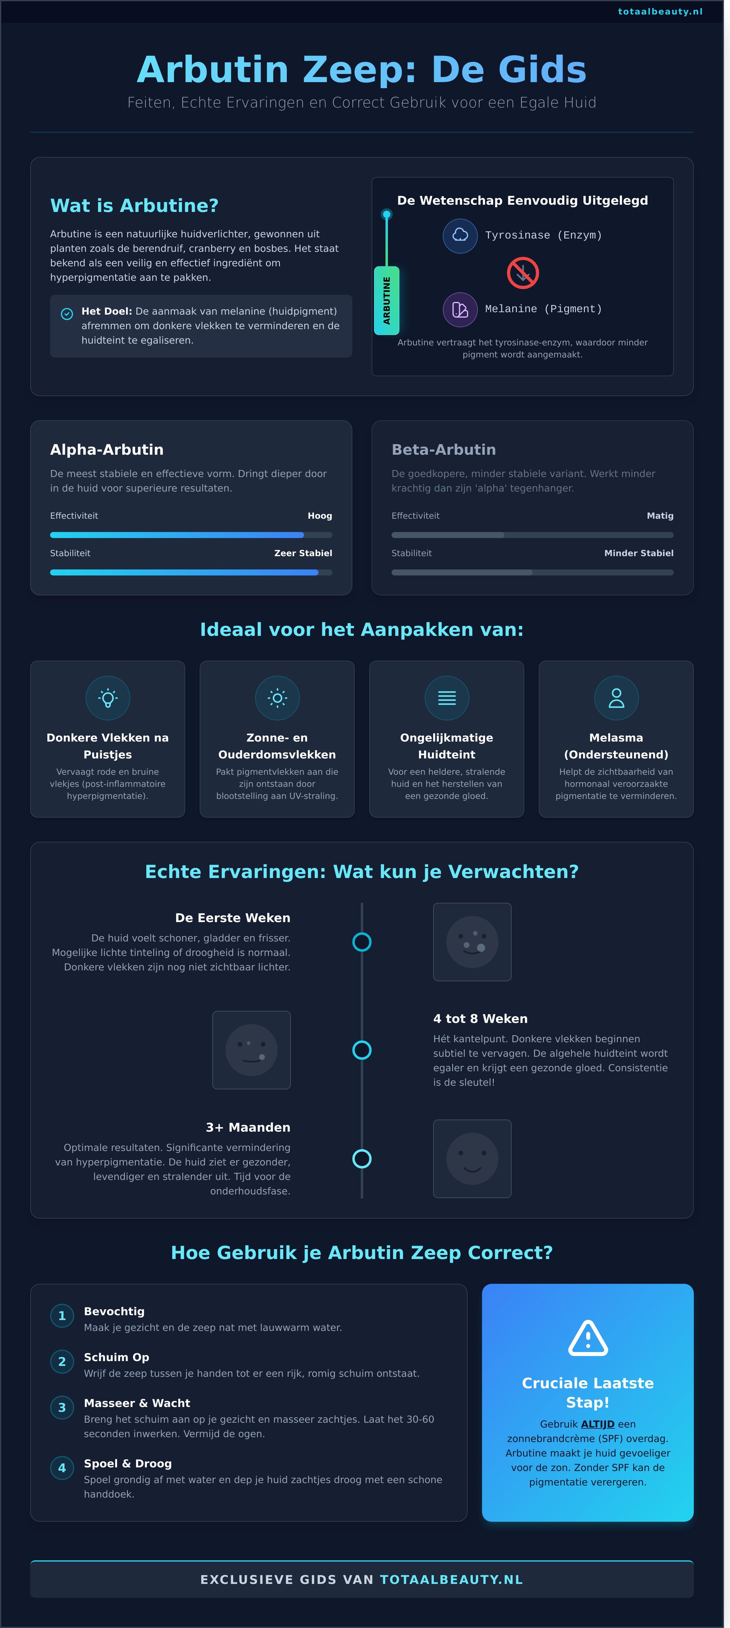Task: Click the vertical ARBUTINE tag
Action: (386, 300)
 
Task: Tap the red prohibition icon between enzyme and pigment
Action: (522, 273)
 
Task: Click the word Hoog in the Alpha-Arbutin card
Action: (319, 516)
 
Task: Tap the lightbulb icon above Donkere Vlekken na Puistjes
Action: (108, 698)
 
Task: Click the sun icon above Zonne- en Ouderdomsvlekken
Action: (277, 698)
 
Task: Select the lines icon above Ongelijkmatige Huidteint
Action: (446, 698)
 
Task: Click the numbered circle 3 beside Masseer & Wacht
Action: (62, 1407)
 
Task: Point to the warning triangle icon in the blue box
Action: (587, 1338)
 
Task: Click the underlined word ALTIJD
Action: (597, 1424)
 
